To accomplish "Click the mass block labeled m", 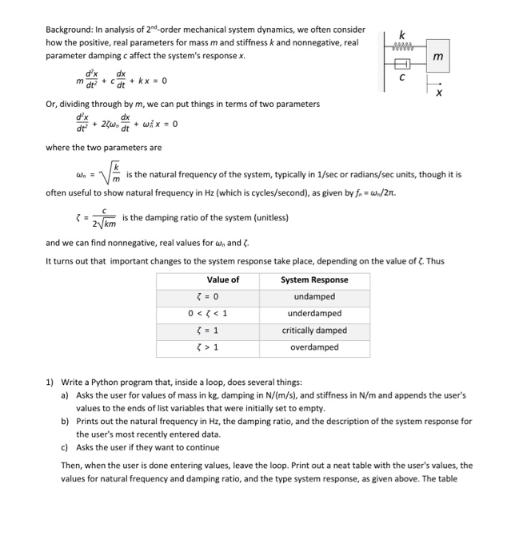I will coord(437,57).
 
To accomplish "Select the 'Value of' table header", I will coord(222,279).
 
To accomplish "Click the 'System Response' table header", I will coord(314,279).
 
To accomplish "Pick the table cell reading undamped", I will coord(314,296).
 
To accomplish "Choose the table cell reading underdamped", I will coord(314,313).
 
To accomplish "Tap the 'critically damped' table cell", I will coord(314,330).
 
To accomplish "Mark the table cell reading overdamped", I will coord(314,347).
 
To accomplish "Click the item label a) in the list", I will coord(65,395).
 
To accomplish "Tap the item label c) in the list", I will coord(65,447).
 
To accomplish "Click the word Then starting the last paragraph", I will coord(71,465).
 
